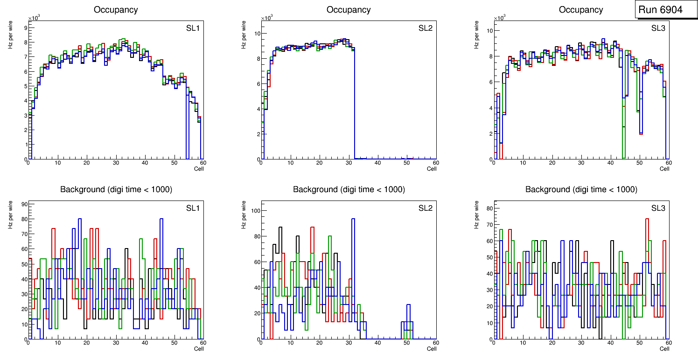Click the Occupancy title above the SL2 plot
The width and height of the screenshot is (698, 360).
pos(349,10)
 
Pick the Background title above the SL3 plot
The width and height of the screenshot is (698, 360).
pos(581,189)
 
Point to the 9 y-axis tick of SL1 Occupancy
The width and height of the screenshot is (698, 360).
pos(25,28)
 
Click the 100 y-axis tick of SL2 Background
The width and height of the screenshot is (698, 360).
pos(255,211)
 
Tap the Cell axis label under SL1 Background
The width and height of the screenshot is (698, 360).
pos(199,349)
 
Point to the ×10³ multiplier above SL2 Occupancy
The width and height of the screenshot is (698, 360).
pos(267,18)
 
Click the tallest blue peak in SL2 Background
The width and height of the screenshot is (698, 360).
pos(353,219)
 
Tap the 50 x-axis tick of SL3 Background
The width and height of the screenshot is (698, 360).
pos(639,343)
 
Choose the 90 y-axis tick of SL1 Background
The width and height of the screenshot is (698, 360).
pos(24,204)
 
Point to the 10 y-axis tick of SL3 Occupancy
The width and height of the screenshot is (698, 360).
pos(490,31)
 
